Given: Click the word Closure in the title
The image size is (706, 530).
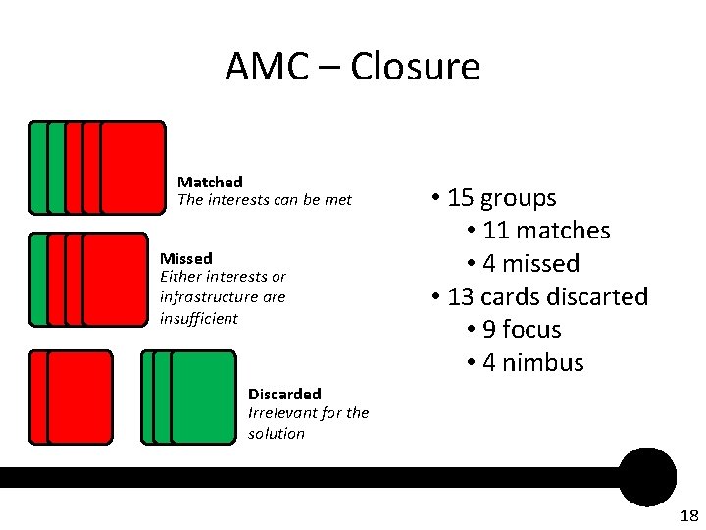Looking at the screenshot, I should tap(415, 67).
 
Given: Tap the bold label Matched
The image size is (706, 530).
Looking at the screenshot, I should tap(210, 182).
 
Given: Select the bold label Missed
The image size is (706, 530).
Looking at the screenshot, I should tap(186, 258).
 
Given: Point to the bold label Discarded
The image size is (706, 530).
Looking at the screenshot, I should tap(284, 394).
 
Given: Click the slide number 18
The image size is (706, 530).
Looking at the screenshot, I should tap(688, 516).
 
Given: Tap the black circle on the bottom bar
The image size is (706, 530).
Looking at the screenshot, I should tap(647, 477).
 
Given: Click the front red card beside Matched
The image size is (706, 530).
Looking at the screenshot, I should tap(133, 167).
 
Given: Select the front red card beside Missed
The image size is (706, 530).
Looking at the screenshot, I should tap(116, 279).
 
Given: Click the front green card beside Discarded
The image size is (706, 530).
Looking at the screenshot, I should tap(203, 397).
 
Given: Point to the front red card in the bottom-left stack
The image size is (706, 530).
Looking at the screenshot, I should tap(79, 397).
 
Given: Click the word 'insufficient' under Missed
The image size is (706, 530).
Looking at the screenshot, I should tap(198, 318).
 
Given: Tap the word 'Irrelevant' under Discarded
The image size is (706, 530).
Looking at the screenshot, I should tap(283, 413).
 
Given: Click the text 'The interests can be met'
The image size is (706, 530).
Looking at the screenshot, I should tap(264, 200).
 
